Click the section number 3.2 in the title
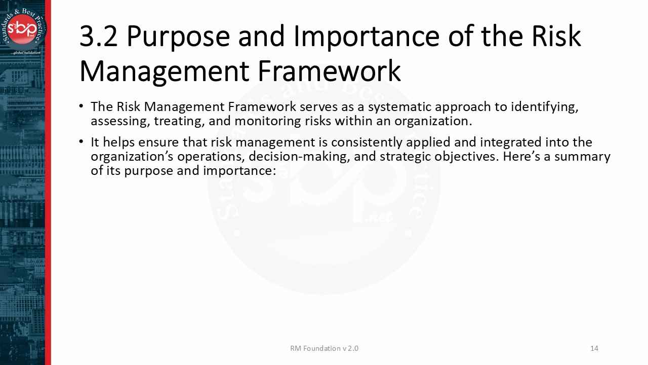click(x=98, y=36)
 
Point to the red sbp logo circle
click(x=22, y=29)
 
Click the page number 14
click(x=594, y=348)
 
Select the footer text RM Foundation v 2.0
click(x=324, y=348)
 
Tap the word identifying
click(x=544, y=107)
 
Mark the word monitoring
click(x=268, y=121)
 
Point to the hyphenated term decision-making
click(x=299, y=157)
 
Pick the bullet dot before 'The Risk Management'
click(x=82, y=106)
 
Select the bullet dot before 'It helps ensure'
click(x=82, y=141)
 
